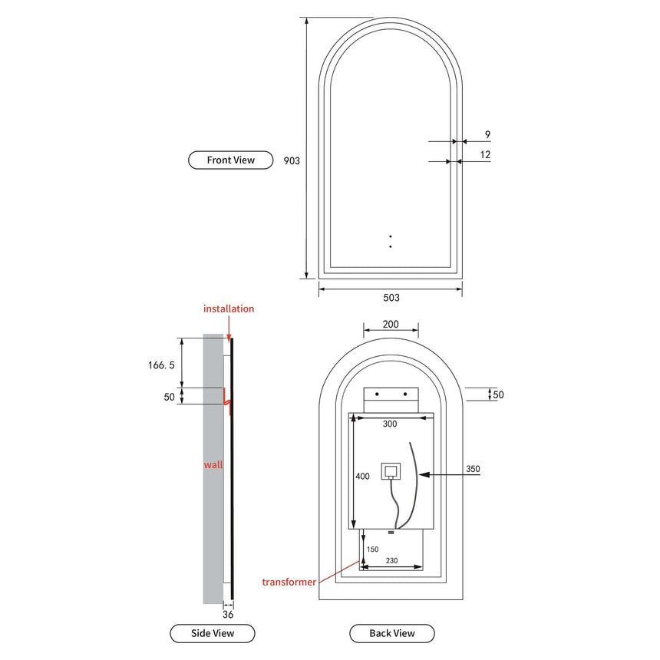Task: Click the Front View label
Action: (x=230, y=160)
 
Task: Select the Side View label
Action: (x=213, y=633)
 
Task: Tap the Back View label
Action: (x=392, y=633)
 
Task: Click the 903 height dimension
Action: (x=292, y=161)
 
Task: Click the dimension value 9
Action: (x=487, y=135)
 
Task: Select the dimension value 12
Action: (x=485, y=155)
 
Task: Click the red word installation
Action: (x=229, y=309)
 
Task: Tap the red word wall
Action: (x=213, y=465)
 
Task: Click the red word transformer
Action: (x=288, y=582)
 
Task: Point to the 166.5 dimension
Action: (x=162, y=366)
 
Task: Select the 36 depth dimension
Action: (x=228, y=614)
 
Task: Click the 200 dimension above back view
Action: (x=390, y=325)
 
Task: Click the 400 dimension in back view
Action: (x=362, y=477)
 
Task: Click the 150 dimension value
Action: (x=372, y=549)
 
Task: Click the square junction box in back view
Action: (x=391, y=470)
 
